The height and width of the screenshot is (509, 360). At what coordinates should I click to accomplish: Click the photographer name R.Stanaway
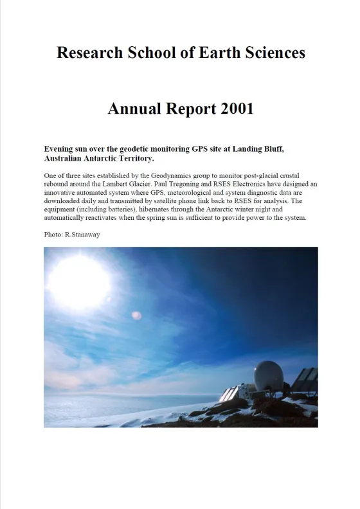(x=83, y=235)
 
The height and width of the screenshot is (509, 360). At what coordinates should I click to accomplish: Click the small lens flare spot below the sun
(x=136, y=315)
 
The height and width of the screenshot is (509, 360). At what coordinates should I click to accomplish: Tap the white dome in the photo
(x=268, y=377)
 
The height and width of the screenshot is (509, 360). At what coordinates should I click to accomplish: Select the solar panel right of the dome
(x=304, y=381)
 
